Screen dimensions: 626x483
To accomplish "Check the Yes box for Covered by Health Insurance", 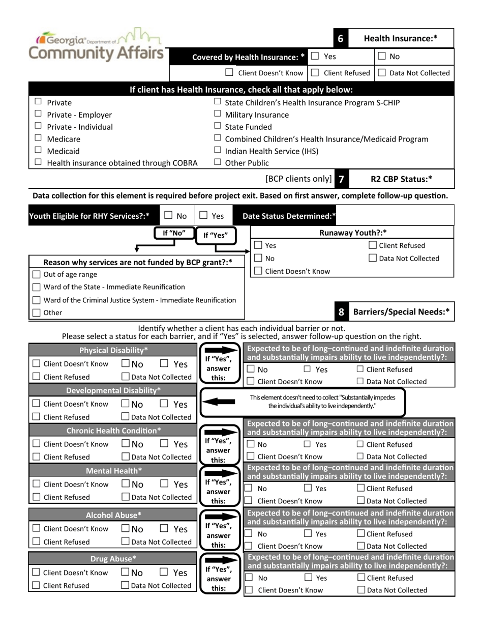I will click(x=315, y=56).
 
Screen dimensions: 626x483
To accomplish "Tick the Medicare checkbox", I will click(x=38, y=138).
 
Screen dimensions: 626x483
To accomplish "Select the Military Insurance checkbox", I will click(x=218, y=114).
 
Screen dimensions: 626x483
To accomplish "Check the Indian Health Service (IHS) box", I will click(x=218, y=150).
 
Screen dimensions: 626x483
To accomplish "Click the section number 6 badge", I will click(x=340, y=38).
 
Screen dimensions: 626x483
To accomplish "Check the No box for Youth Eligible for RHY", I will click(x=169, y=216).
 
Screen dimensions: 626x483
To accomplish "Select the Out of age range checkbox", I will click(x=37, y=274).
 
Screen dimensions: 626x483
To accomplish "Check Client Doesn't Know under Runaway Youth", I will click(x=258, y=271).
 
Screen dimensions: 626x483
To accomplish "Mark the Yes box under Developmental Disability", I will click(x=164, y=404).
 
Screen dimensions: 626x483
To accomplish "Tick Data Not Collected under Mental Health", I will click(x=125, y=497).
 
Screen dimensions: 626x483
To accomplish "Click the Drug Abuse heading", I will click(x=113, y=559).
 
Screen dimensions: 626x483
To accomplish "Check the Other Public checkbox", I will click(x=218, y=162).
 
